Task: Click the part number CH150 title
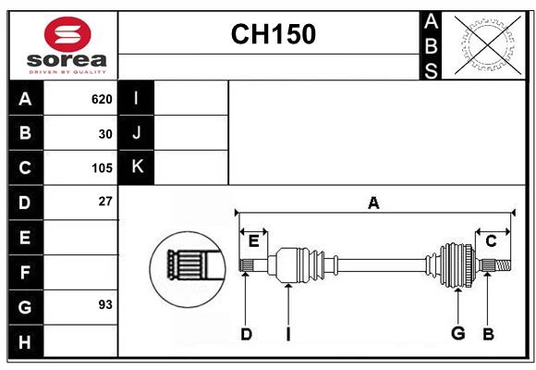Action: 273,34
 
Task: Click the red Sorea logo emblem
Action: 67,35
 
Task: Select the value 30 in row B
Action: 105,133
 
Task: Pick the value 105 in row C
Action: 102,168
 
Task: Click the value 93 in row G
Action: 105,304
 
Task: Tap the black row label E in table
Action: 25,237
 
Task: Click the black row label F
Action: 25,272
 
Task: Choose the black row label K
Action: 137,167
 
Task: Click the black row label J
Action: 137,133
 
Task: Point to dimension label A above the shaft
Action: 373,203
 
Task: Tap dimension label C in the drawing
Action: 491,240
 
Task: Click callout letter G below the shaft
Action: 457,333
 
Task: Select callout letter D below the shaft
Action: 246,334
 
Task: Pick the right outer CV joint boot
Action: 457,265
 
